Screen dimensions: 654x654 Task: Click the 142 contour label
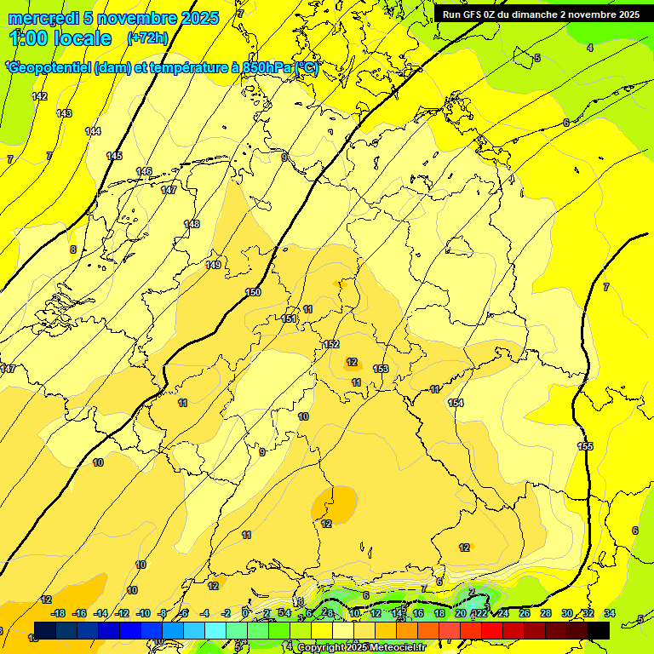(39, 96)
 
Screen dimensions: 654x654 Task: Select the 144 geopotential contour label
(93, 131)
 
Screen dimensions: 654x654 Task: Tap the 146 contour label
(144, 171)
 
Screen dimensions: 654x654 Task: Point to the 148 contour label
(192, 224)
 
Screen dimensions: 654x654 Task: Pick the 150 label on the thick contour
(253, 292)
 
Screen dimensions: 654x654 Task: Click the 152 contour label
(331, 344)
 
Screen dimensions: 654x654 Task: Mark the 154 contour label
(456, 403)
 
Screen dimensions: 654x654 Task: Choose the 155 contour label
(585, 446)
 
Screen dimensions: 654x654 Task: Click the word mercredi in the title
(43, 18)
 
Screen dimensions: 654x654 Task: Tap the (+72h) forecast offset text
(147, 38)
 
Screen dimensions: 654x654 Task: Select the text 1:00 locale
(60, 38)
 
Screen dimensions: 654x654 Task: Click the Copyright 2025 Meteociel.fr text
(361, 647)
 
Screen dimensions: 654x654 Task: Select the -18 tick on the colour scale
(58, 613)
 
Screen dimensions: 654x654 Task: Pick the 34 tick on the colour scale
(609, 613)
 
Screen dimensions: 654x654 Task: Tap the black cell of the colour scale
(599, 630)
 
